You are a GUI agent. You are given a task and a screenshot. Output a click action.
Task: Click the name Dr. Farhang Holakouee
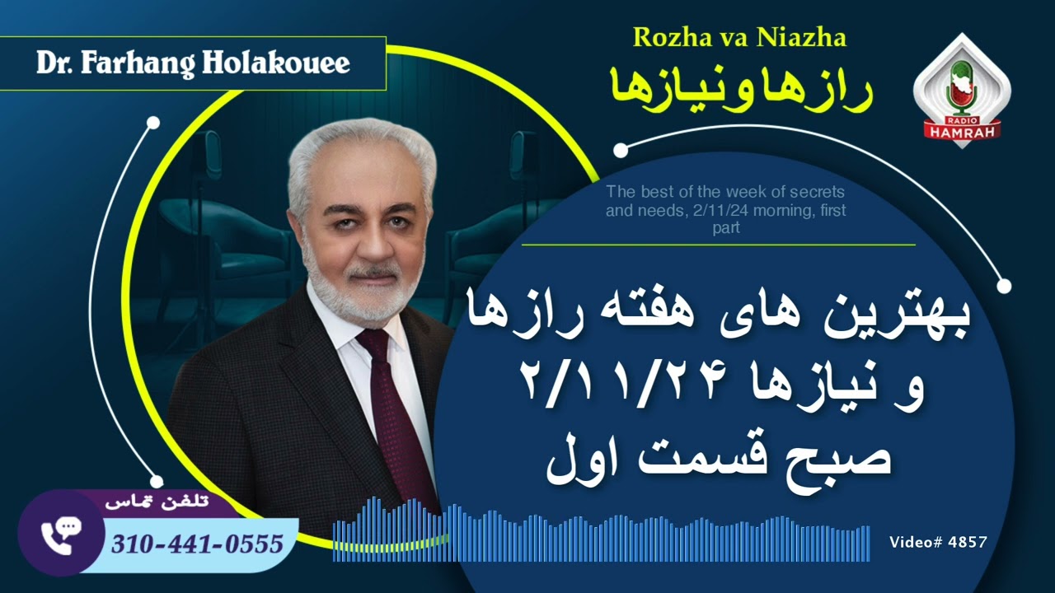pos(193,63)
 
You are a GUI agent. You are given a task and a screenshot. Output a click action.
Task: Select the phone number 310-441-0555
pos(197,544)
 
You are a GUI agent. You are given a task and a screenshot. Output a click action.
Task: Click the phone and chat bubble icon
pos(59,533)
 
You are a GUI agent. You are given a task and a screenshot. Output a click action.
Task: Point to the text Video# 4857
pos(938,542)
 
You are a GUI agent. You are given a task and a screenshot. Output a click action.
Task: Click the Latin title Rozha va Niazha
pos(739,37)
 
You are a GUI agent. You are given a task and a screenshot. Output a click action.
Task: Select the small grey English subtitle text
pos(725,209)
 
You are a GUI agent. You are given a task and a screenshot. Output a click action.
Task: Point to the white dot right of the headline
pos(1004,287)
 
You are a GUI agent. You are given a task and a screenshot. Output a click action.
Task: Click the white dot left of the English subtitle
pos(621,151)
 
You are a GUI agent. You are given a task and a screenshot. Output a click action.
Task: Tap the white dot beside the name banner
pos(152,124)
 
